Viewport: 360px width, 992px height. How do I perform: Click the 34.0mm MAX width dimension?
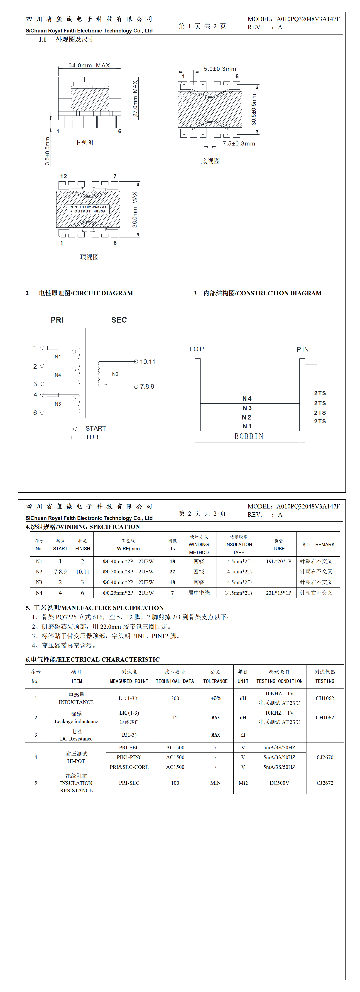(89, 65)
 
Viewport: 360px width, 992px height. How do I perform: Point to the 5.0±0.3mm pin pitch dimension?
(220, 69)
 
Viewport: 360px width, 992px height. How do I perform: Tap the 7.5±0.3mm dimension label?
(239, 144)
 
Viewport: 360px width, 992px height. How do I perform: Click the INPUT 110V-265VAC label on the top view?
(88, 207)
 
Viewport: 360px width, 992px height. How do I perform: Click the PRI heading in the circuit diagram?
(57, 320)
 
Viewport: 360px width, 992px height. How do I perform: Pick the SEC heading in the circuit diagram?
(119, 320)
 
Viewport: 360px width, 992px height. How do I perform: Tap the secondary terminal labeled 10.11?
(147, 362)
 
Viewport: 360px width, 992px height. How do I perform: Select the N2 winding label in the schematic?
(115, 374)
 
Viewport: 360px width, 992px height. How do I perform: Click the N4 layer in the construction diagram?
(247, 399)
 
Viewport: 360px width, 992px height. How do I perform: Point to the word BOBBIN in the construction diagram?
(249, 436)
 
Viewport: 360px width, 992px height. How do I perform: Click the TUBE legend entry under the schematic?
(93, 437)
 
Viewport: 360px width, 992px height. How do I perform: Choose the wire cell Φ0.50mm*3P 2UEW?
(128, 572)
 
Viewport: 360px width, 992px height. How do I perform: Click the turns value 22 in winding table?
(172, 572)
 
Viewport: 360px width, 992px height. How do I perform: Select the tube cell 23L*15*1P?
(278, 593)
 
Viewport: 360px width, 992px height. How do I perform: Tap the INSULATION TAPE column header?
(238, 545)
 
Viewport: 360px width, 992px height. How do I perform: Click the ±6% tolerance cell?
(216, 698)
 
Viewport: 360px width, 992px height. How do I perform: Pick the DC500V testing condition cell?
(279, 783)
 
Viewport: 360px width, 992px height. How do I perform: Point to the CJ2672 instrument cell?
(325, 783)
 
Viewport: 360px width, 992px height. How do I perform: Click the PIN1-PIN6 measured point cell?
(129, 757)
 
